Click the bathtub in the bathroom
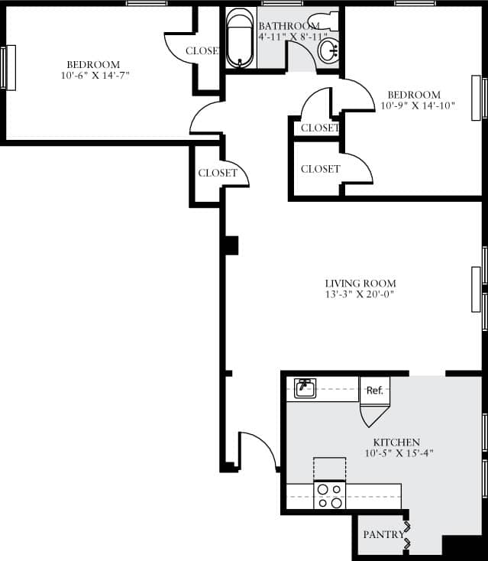(241, 37)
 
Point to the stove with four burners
(330, 495)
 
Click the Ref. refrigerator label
(374, 390)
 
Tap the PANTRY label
(383, 534)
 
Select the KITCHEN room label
(396, 443)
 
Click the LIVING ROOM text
(360, 284)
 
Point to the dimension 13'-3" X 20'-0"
(360, 294)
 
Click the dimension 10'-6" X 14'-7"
(92, 75)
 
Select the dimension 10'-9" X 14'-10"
(418, 106)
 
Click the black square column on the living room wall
(231, 245)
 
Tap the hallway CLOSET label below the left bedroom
(218, 173)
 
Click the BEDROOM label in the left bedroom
(92, 64)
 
